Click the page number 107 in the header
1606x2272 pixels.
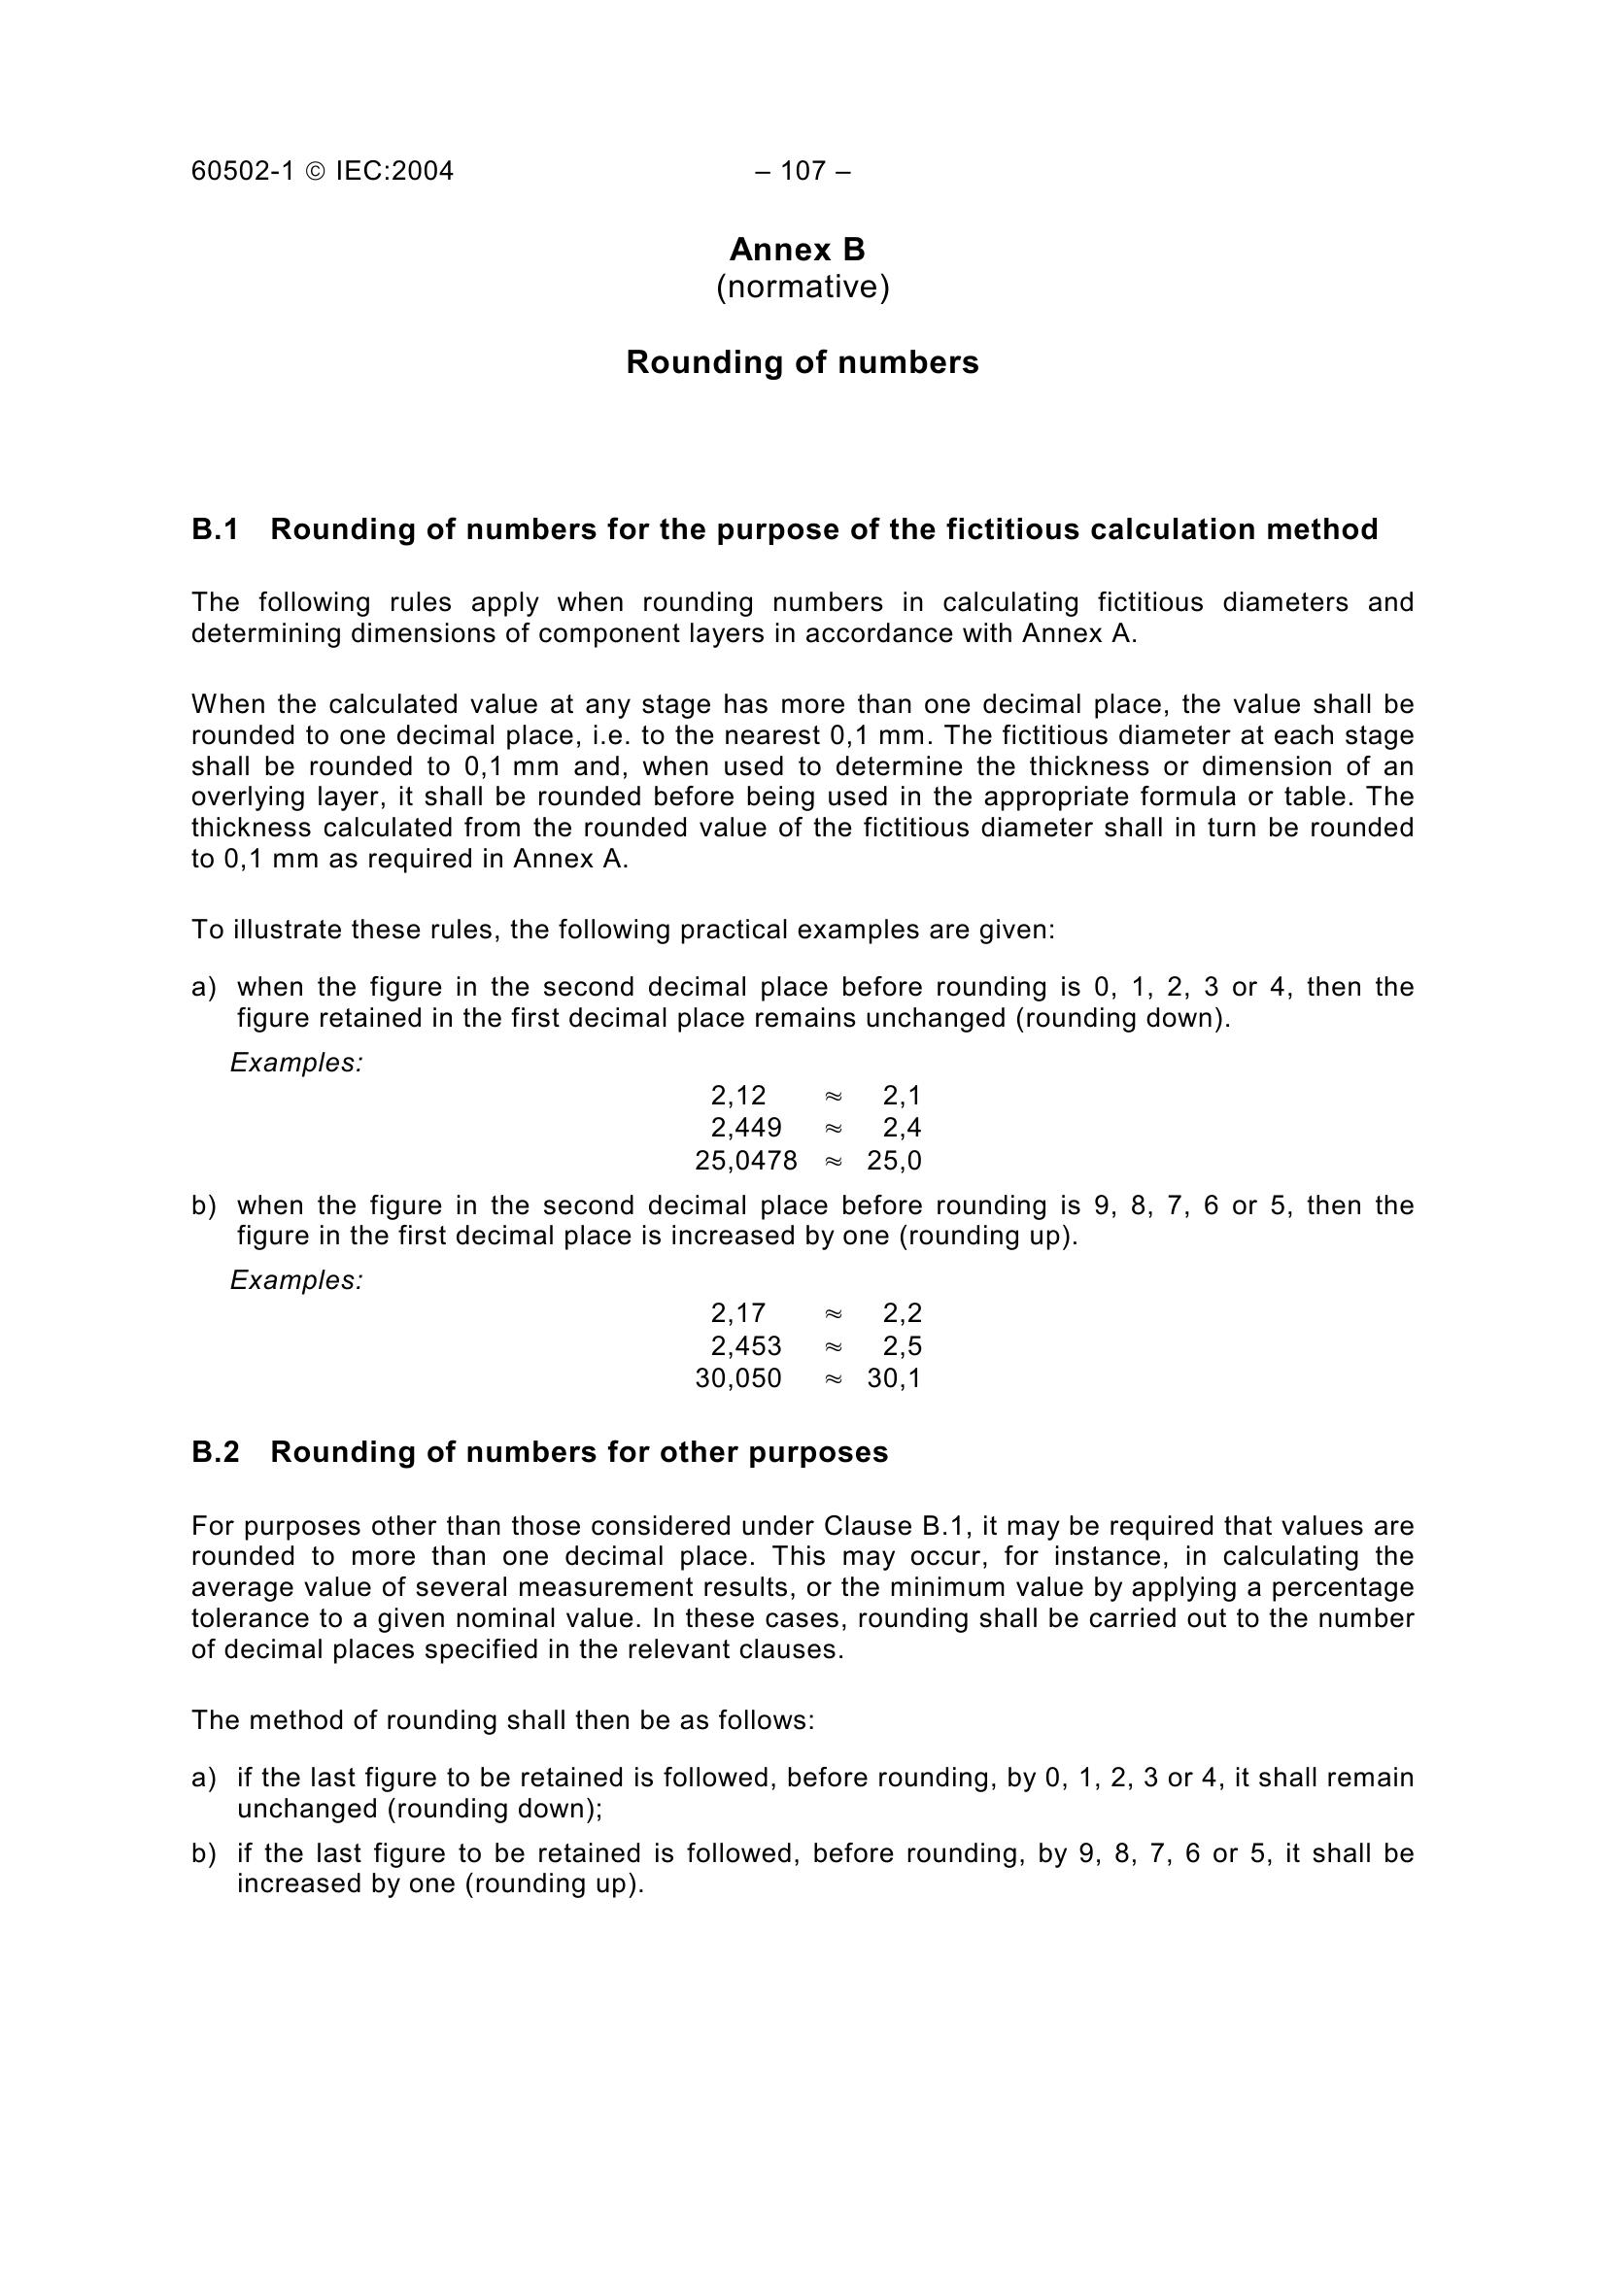[x=803, y=171]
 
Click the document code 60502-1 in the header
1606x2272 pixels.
[x=243, y=171]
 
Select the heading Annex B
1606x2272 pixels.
[x=798, y=250]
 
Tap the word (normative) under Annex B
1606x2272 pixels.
[x=803, y=287]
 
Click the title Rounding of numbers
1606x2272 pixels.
[x=803, y=363]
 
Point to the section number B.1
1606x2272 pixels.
[x=215, y=530]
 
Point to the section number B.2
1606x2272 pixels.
[x=215, y=1452]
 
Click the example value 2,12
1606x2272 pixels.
[x=738, y=1096]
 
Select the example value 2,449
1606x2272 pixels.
[x=746, y=1128]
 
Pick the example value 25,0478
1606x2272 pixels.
[x=746, y=1161]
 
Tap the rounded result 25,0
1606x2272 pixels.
[x=895, y=1161]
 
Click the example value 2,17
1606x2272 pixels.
[x=738, y=1313]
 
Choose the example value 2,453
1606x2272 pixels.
[x=746, y=1345]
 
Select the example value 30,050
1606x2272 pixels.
[x=738, y=1378]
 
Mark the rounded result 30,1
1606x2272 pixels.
[x=895, y=1378]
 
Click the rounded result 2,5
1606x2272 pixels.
[x=903, y=1345]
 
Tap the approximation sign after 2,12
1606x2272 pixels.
[x=834, y=1096]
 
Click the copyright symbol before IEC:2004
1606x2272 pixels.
[x=315, y=172]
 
